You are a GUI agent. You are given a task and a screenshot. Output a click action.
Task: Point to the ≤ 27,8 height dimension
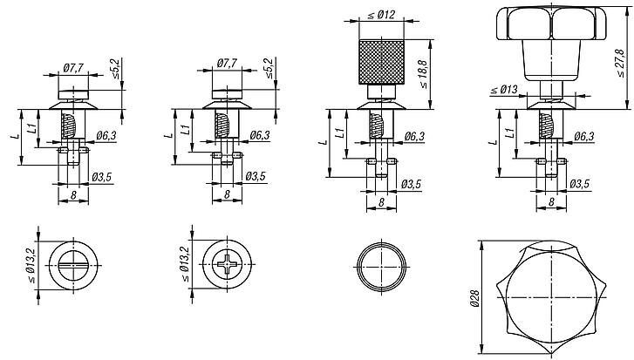click(x=621, y=60)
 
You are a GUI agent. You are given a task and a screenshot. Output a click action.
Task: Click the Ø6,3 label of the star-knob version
click(x=583, y=137)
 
